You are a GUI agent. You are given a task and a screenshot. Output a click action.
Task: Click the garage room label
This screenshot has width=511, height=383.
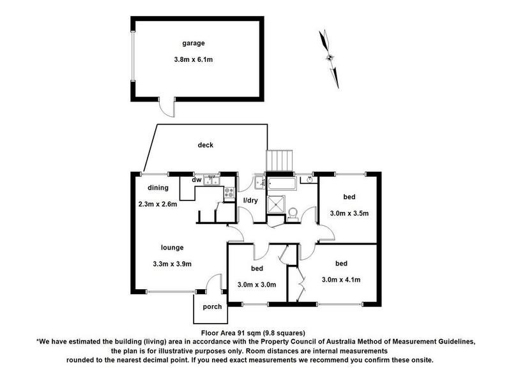(x=194, y=43)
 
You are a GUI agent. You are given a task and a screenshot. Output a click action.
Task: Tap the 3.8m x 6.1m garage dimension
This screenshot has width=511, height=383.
(x=194, y=59)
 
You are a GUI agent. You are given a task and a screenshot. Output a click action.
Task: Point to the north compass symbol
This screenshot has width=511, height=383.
(x=329, y=59)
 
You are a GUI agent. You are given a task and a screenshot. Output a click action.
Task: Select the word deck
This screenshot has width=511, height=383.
(x=205, y=145)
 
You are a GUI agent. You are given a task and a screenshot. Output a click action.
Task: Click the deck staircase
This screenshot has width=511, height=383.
(x=279, y=160)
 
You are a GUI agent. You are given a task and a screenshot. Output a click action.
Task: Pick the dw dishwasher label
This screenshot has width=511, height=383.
(x=196, y=180)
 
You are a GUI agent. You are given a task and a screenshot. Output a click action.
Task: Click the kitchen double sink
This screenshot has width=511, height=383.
(x=212, y=181)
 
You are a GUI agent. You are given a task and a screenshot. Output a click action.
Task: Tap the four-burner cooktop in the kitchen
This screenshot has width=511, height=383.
(x=229, y=193)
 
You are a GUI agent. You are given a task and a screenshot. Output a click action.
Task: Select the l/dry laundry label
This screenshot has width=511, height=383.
(x=250, y=200)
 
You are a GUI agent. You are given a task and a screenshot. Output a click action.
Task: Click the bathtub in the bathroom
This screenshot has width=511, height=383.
(x=282, y=184)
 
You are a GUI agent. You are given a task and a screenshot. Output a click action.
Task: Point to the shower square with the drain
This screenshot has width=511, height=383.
(x=276, y=204)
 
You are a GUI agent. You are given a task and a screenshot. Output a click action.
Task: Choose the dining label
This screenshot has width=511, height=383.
(x=158, y=188)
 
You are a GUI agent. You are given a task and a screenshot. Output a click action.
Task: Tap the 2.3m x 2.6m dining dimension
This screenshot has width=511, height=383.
(x=158, y=204)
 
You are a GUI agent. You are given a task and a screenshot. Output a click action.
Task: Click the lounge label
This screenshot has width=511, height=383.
(x=172, y=248)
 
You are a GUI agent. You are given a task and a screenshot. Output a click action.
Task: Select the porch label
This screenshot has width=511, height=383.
(x=212, y=307)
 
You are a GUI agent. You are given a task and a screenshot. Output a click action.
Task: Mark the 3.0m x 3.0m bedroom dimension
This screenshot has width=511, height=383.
(x=257, y=285)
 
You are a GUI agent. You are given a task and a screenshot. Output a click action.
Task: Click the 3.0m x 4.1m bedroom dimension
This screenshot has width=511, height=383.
(x=341, y=280)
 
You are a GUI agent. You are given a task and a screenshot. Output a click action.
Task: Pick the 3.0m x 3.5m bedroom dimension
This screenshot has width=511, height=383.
(x=349, y=213)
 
